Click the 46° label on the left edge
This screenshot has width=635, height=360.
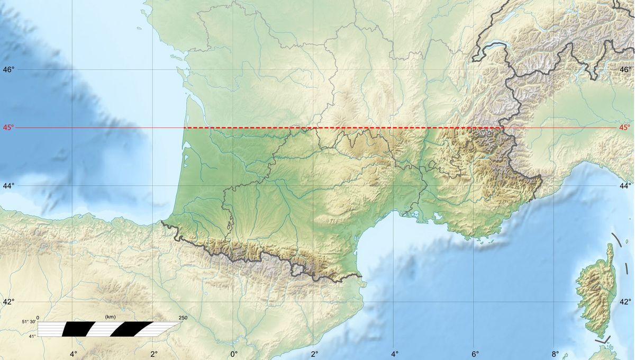point(8,69)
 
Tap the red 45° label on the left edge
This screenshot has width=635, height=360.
point(8,128)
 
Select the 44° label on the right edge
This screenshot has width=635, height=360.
point(625,186)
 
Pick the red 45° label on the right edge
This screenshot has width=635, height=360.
point(625,128)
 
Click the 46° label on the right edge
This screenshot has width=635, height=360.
point(625,69)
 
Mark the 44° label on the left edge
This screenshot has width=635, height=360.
point(8,186)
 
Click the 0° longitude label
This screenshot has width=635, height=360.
point(234,354)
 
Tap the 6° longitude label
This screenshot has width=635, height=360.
point(475,354)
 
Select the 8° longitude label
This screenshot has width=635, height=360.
point(555,354)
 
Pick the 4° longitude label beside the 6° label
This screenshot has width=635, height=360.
point(394,354)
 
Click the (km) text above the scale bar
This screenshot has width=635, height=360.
point(110,317)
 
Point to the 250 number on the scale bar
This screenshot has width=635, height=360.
point(183,318)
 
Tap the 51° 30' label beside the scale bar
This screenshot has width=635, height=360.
point(29,322)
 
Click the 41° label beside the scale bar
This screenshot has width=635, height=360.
point(32,336)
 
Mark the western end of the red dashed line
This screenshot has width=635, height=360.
point(184,128)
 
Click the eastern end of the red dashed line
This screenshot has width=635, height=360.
point(502,128)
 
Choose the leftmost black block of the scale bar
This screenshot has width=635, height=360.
point(71,329)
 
